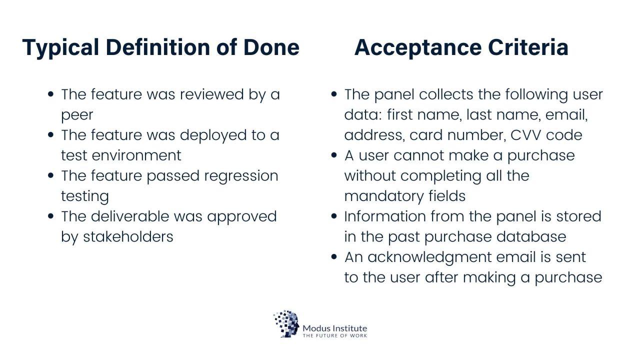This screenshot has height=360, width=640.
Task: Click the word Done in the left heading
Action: (x=271, y=47)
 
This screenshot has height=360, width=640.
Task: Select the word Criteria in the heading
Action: (x=528, y=47)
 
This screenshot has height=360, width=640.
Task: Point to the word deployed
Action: (x=213, y=135)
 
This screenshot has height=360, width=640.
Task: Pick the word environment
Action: (x=136, y=155)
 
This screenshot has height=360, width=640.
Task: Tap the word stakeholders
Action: (x=128, y=236)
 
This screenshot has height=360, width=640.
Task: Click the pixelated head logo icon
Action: (x=286, y=323)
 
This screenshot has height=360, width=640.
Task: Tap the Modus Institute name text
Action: (x=335, y=328)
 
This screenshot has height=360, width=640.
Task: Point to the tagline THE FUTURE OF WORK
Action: (x=335, y=335)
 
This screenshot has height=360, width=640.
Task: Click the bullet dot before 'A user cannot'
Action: (x=334, y=155)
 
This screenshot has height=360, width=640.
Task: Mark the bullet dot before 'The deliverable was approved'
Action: (x=51, y=216)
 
